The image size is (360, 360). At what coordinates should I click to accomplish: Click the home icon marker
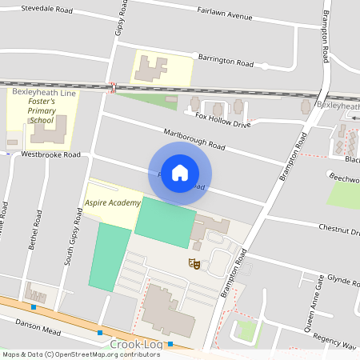[180, 173]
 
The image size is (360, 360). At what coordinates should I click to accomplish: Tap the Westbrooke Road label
[51, 154]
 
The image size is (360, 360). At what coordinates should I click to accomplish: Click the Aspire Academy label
[113, 203]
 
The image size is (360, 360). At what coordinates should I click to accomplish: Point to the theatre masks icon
[193, 262]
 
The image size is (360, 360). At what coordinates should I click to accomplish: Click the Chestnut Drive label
[339, 230]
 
